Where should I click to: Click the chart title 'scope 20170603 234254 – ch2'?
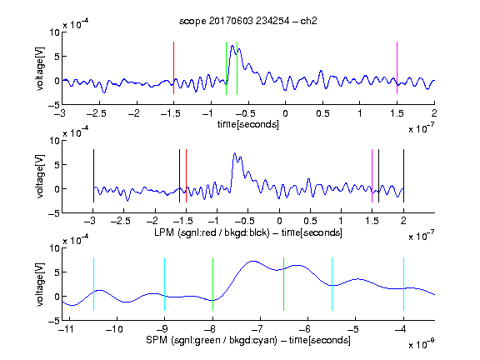pos(248,21)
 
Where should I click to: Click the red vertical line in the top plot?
pos(173,68)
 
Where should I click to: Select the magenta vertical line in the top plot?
pos(397,68)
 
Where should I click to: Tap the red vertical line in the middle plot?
pos(186,176)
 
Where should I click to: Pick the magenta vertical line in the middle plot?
pos(372,176)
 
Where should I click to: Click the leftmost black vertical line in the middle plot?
pos(93,176)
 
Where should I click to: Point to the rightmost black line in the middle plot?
pos(403,176)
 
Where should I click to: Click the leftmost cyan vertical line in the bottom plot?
pos(93,284)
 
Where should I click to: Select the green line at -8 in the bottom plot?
pos(212,284)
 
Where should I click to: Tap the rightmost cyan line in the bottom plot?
pos(403,284)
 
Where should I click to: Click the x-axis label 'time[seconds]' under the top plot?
pos(248,124)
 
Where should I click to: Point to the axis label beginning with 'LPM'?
pos(248,232)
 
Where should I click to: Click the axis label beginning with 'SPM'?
pos(248,340)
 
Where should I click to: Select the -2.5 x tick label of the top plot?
pos(97,113)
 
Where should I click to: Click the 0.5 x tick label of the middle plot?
pos(310,221)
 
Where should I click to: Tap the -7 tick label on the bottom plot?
pos(258,329)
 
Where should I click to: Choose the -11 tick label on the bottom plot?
pos(68,329)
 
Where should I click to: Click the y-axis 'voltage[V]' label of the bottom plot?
pos(40,285)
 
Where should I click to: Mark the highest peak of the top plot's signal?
pos(232,46)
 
